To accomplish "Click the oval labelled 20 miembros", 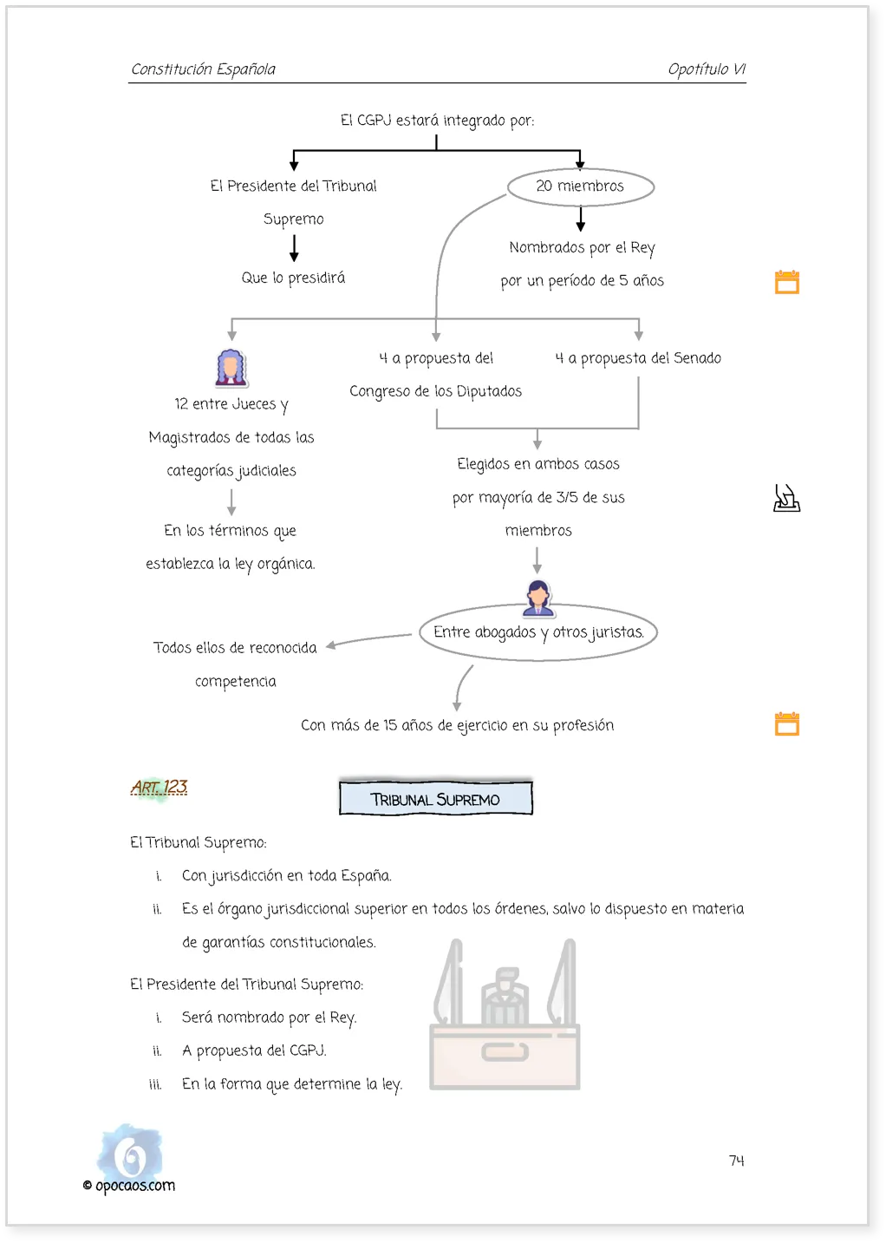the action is [580, 170].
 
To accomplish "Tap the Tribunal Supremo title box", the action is [436, 798].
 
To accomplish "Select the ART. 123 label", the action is [160, 787].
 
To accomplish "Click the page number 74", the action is [736, 1161].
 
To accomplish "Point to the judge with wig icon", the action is [231, 368].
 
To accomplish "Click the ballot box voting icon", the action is [786, 498].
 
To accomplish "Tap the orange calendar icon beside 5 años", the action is [787, 282].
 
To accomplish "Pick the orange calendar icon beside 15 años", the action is [787, 723].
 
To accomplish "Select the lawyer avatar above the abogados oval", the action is [537, 599].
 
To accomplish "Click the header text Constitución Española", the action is [203, 69].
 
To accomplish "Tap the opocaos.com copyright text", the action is [129, 1185].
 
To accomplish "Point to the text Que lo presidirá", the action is [293, 278].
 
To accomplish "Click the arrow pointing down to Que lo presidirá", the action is [294, 248].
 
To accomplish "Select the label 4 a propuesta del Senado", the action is [638, 358].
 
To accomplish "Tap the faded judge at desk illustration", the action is [505, 1014].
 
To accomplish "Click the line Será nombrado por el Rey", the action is [269, 1017].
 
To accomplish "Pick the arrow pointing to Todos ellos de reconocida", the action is [368, 639].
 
